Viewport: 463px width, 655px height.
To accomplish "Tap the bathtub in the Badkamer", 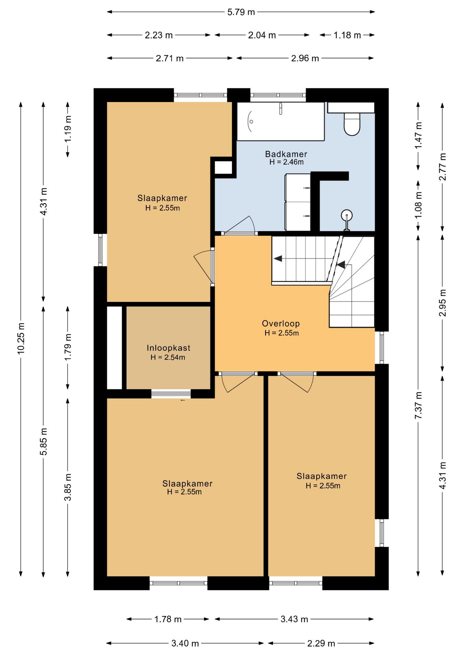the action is pyautogui.click(x=281, y=121).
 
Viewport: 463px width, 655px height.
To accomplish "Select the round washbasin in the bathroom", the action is pyautogui.click(x=347, y=216).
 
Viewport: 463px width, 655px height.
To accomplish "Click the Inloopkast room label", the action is pyautogui.click(x=168, y=348).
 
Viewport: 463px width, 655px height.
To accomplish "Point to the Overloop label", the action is pyautogui.click(x=281, y=323).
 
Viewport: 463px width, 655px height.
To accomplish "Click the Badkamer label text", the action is pyautogui.click(x=286, y=154).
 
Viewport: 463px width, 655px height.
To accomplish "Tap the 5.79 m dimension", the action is pyautogui.click(x=241, y=12).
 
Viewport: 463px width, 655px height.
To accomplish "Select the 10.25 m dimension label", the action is pyautogui.click(x=21, y=338).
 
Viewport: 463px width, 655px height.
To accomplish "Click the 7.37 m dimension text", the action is pyautogui.click(x=418, y=406).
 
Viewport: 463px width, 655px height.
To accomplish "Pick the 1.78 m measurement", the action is pyautogui.click(x=168, y=619).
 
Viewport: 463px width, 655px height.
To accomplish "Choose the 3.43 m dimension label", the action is pyautogui.click(x=294, y=619).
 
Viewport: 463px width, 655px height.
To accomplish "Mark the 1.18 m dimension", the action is pyautogui.click(x=347, y=35).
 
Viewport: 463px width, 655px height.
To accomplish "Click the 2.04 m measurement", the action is pyautogui.click(x=262, y=35).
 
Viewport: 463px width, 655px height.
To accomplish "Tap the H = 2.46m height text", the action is pyautogui.click(x=286, y=162).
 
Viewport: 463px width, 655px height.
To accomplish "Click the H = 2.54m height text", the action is pyautogui.click(x=168, y=358).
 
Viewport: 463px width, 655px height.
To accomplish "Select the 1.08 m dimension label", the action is pyautogui.click(x=418, y=205).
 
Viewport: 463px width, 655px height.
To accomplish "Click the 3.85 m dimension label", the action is pyautogui.click(x=68, y=487).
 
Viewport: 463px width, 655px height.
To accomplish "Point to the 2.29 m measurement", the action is pyautogui.click(x=321, y=643).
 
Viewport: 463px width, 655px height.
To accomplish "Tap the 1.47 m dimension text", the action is pyautogui.click(x=418, y=135).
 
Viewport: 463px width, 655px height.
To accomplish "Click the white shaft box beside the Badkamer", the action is pyautogui.click(x=223, y=168).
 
